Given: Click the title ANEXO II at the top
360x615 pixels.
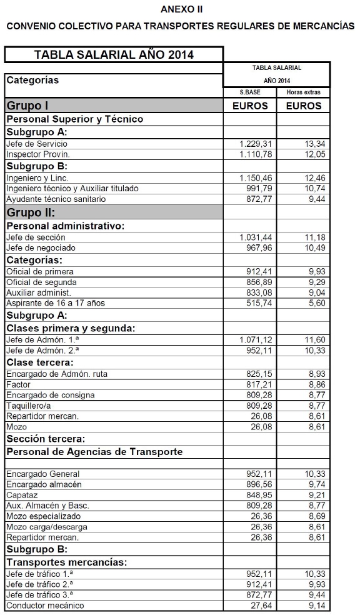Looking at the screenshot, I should tap(181, 9).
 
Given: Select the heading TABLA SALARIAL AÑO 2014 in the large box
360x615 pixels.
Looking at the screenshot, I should tap(114, 54).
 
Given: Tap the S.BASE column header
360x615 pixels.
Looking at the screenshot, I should tap(250, 92).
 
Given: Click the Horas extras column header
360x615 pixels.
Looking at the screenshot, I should tap(303, 92).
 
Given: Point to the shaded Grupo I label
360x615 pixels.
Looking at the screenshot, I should tap(27, 105).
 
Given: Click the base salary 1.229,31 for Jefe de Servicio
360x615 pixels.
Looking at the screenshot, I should tap(256, 144).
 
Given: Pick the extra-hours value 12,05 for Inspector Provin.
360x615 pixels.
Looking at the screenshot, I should tap(315, 154).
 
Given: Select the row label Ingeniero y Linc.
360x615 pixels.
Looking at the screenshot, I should tap(37, 178).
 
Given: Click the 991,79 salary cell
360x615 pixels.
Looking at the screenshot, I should tap(260, 188).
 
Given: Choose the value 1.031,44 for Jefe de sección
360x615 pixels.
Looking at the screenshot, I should tap(256, 237).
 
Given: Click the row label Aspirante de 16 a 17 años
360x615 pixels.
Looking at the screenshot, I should tap(56, 302).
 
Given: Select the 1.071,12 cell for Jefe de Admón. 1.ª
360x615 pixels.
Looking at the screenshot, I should tap(256, 339).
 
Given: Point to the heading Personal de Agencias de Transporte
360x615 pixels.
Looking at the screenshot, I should tap(94, 451).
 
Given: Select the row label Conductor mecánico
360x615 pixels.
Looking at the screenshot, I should tap(45, 605).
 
